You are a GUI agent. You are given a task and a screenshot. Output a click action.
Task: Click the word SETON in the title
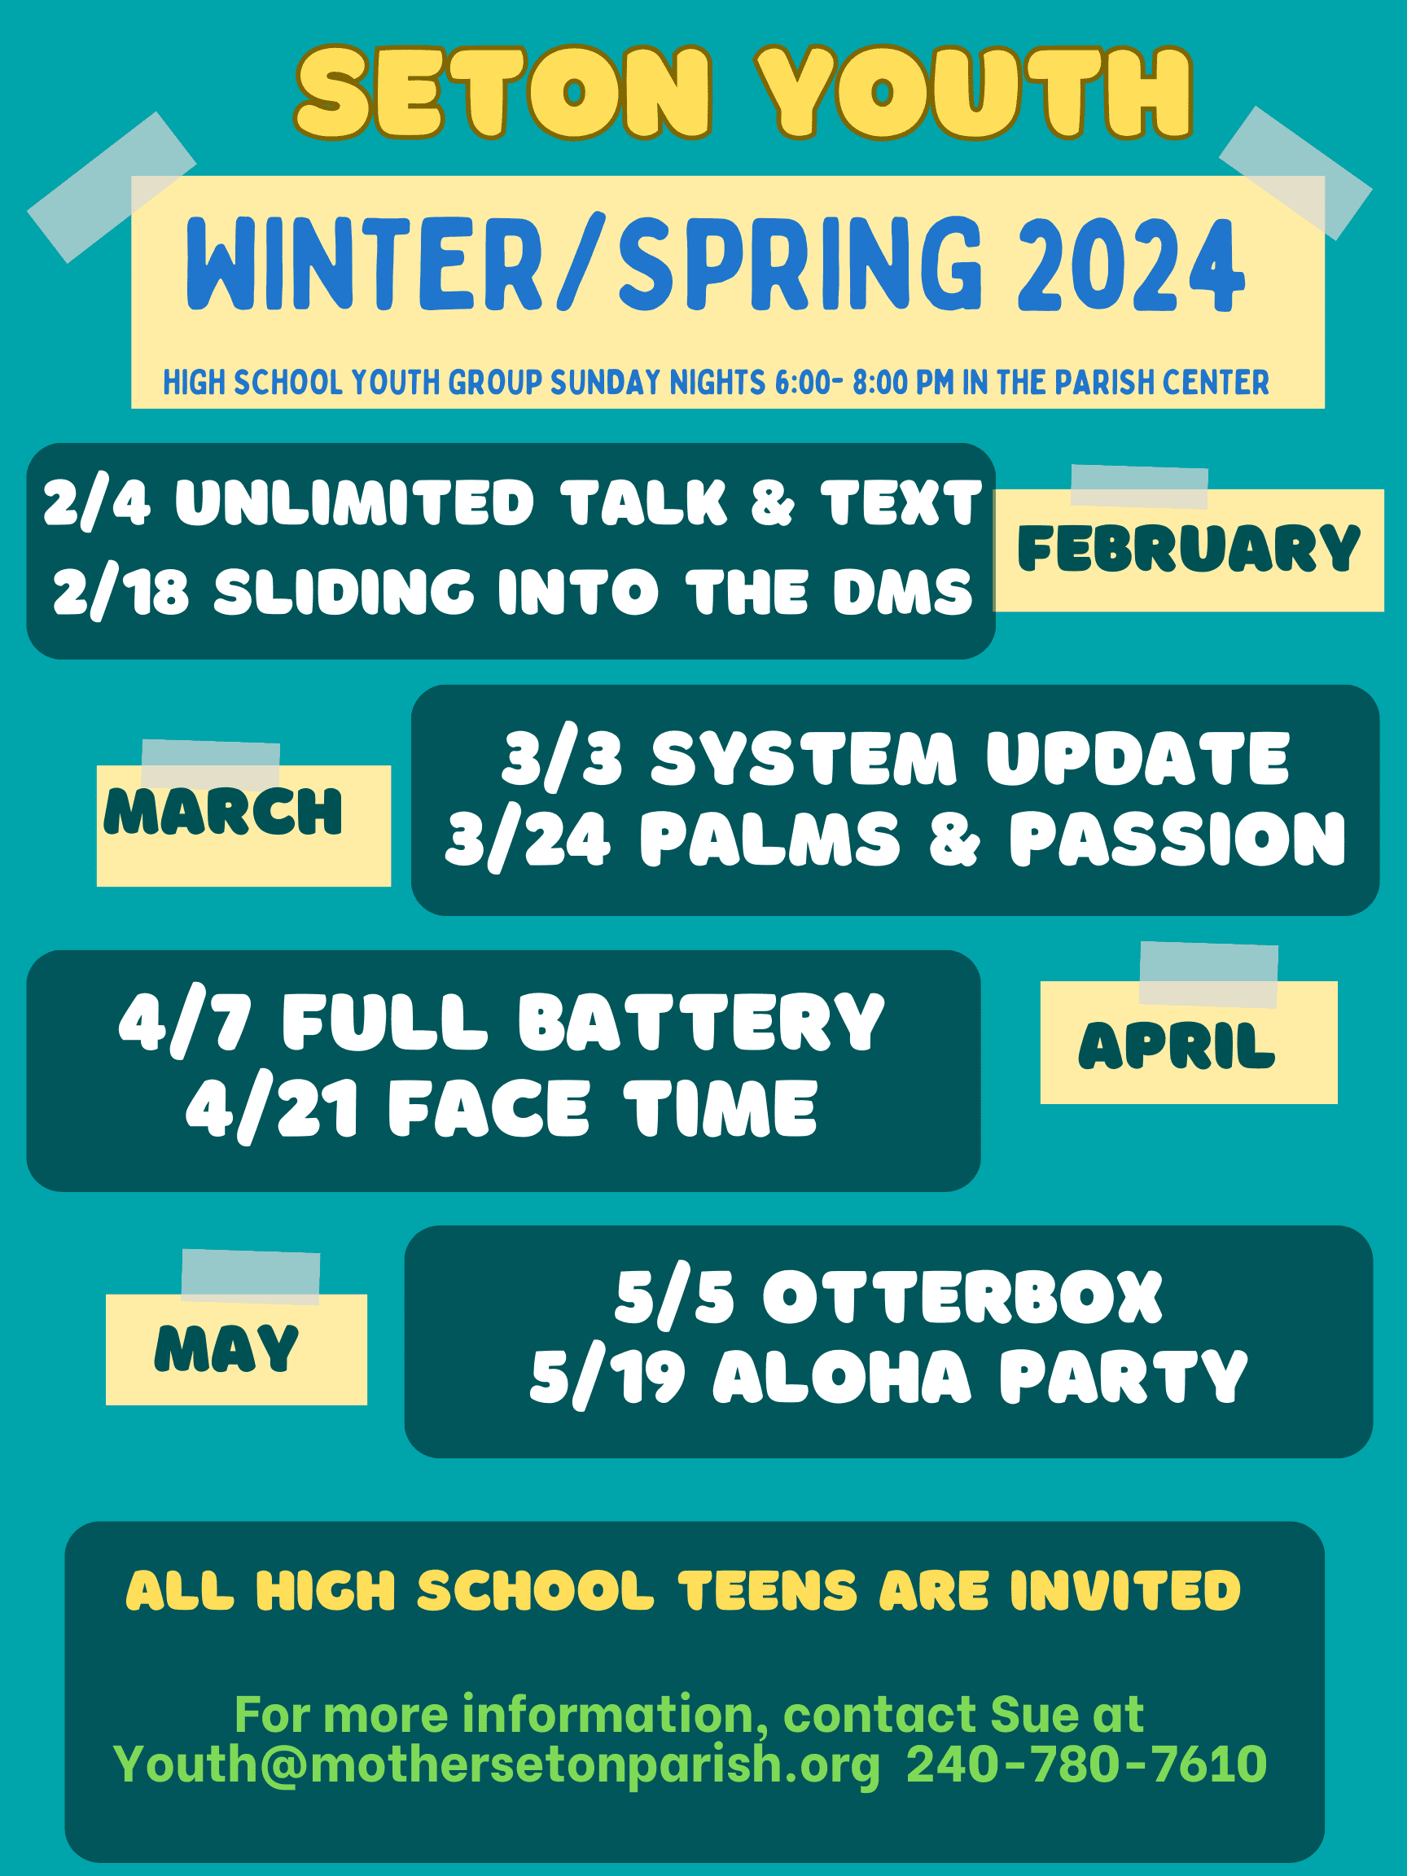[503, 93]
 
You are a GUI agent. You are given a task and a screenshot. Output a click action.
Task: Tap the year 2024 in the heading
[1131, 265]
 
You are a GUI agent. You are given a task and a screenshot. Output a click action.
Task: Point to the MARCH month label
[223, 812]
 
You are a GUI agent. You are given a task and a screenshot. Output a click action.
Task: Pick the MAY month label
[226, 1348]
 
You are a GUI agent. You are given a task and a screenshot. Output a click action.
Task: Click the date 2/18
[121, 591]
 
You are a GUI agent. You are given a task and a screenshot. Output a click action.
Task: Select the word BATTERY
[701, 1022]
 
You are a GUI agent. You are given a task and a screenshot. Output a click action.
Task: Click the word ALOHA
[842, 1377]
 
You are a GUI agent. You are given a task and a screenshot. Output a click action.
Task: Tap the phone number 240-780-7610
[1086, 1765]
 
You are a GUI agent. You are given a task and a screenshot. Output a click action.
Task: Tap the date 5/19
[607, 1379]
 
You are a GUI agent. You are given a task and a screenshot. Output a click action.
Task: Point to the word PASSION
[1177, 839]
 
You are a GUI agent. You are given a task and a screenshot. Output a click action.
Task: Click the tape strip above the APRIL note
[1208, 975]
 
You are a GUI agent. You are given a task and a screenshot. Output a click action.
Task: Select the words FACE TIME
[603, 1108]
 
